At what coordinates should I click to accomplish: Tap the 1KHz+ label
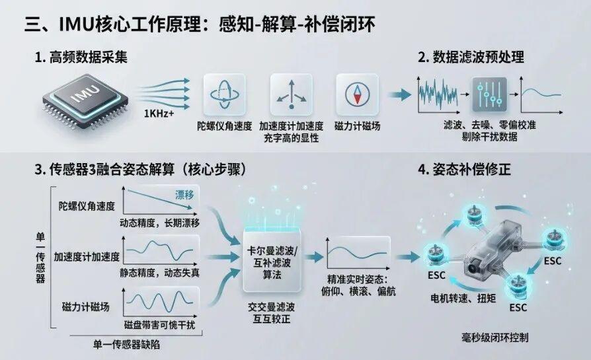[159, 113]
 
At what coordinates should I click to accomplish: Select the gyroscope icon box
[224, 94]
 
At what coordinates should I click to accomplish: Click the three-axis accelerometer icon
[291, 94]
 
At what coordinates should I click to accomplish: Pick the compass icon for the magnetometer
[357, 94]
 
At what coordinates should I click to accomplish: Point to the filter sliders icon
[489, 94]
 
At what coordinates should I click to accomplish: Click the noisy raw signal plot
[438, 95]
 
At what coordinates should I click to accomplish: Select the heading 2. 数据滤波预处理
[471, 57]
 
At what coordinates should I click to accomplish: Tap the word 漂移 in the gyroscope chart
[184, 195]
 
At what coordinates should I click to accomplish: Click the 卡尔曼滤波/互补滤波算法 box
[272, 262]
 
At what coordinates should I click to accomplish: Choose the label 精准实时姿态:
[358, 279]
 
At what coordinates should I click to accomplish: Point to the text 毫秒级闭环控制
[495, 338]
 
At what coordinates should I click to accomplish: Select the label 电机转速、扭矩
[463, 299]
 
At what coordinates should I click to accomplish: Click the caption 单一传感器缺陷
[126, 344]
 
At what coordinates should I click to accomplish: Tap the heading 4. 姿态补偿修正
[464, 170]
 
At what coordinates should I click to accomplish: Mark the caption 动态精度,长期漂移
[160, 223]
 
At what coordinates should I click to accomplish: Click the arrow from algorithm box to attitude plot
[313, 258]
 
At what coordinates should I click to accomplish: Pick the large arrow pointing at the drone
[407, 258]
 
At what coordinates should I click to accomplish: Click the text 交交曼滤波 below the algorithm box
[272, 307]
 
